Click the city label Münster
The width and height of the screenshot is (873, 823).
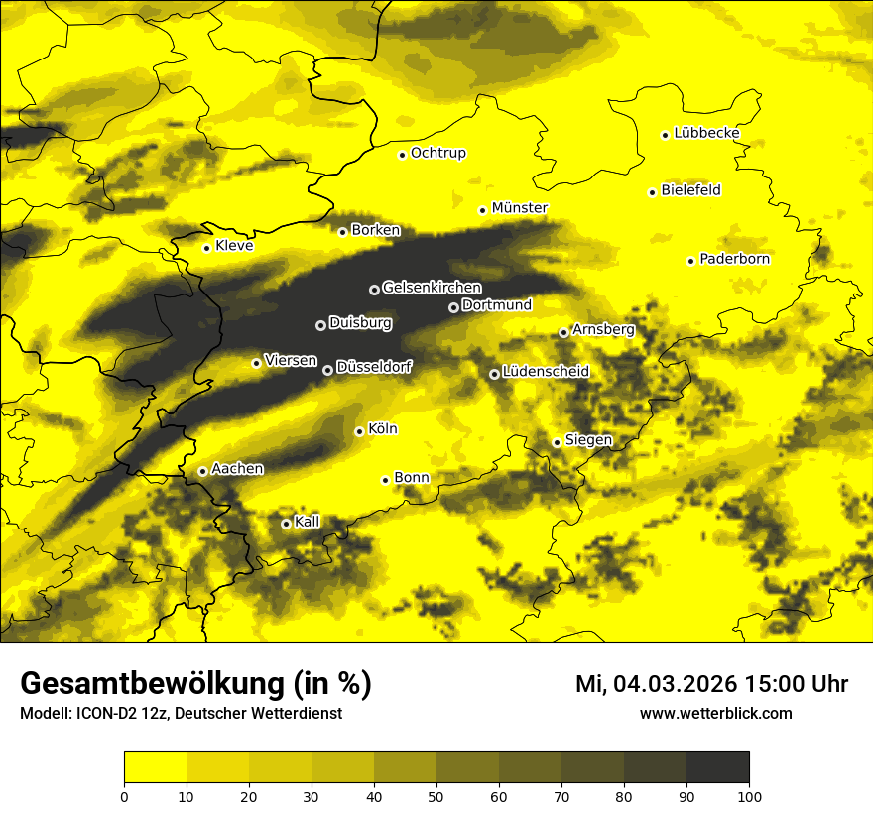tap(520, 208)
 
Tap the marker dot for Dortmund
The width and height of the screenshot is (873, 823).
tap(453, 307)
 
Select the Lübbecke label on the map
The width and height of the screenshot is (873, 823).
tap(706, 133)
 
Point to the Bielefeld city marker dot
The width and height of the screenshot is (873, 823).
tap(652, 192)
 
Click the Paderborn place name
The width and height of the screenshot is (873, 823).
tap(735, 260)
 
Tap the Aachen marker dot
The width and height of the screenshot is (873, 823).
tap(202, 471)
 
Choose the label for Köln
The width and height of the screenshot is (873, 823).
tap(383, 429)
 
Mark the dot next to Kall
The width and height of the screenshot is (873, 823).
tap(286, 524)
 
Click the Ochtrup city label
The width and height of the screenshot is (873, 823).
tap(438, 153)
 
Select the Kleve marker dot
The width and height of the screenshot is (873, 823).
tap(206, 248)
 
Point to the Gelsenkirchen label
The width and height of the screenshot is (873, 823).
tap(433, 288)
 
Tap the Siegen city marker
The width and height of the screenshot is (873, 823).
tap(557, 442)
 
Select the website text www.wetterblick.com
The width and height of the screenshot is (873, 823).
tap(715, 714)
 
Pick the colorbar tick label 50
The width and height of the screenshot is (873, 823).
tap(436, 796)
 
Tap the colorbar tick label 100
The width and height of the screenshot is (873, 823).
tap(749, 796)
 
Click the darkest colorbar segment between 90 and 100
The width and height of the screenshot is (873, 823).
tap(717, 767)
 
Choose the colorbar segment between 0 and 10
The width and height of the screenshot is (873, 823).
tap(155, 767)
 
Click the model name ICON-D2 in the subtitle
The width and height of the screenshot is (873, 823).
tap(104, 714)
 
